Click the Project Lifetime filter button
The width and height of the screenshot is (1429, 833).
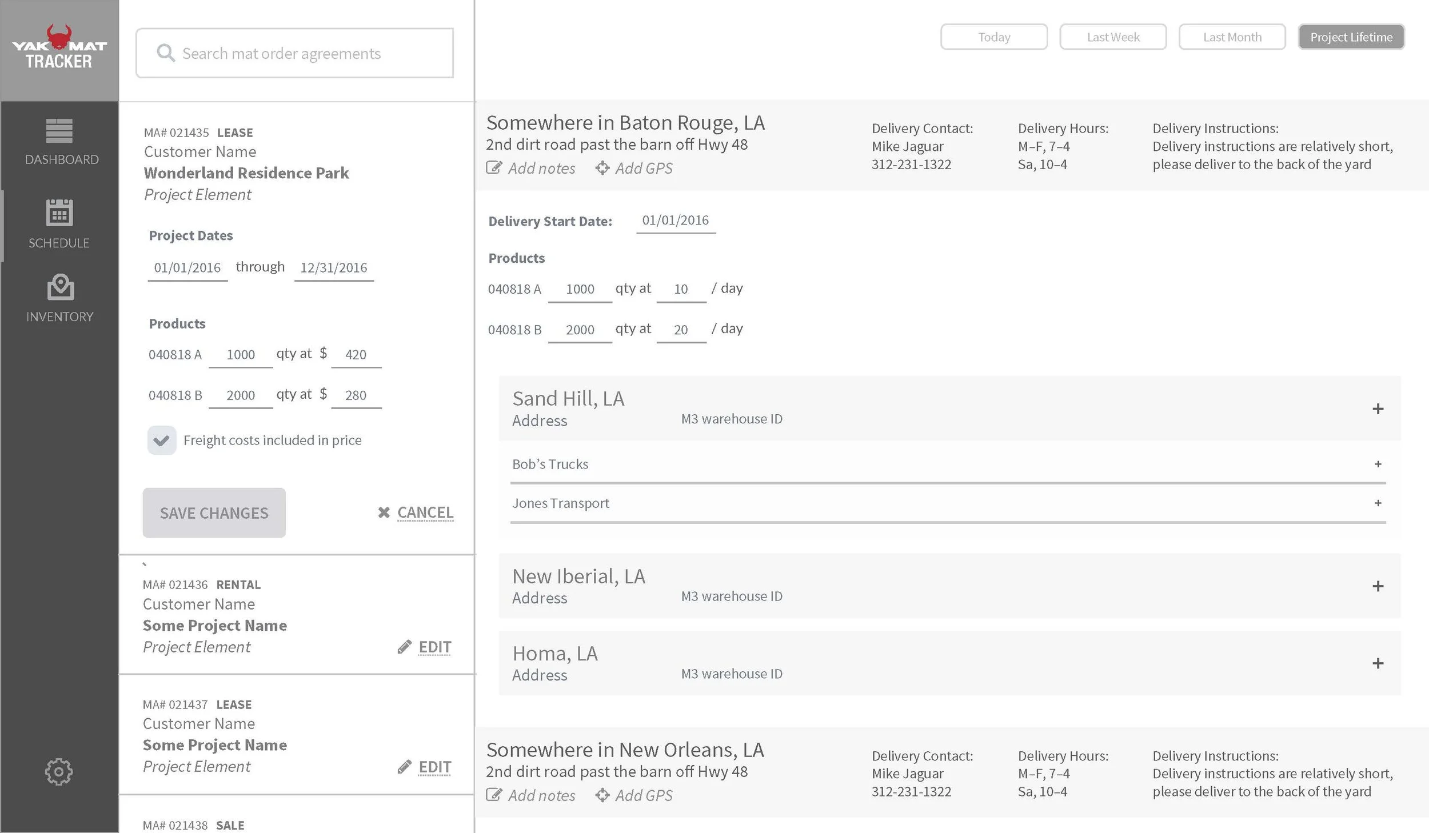1351,37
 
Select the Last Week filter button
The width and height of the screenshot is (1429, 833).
1112,37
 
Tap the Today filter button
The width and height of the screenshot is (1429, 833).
993,37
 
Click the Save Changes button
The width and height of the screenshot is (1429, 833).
214,512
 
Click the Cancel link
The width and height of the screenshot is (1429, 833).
424,512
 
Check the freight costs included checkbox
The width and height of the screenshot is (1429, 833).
161,440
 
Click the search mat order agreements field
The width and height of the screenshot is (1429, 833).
294,53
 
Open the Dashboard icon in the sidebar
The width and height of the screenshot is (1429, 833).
59,131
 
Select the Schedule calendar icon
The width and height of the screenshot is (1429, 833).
59,213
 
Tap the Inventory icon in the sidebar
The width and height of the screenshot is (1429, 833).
60,287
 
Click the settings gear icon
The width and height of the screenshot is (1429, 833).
59,772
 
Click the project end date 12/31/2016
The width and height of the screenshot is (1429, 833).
334,268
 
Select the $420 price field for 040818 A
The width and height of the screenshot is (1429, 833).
356,355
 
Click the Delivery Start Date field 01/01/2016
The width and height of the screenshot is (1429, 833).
675,221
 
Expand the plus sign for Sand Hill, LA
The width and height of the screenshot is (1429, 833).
1378,409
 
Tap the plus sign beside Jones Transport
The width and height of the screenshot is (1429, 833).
1378,503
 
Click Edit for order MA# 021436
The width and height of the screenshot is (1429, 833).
434,647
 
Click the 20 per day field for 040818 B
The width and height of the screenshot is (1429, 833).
681,330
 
